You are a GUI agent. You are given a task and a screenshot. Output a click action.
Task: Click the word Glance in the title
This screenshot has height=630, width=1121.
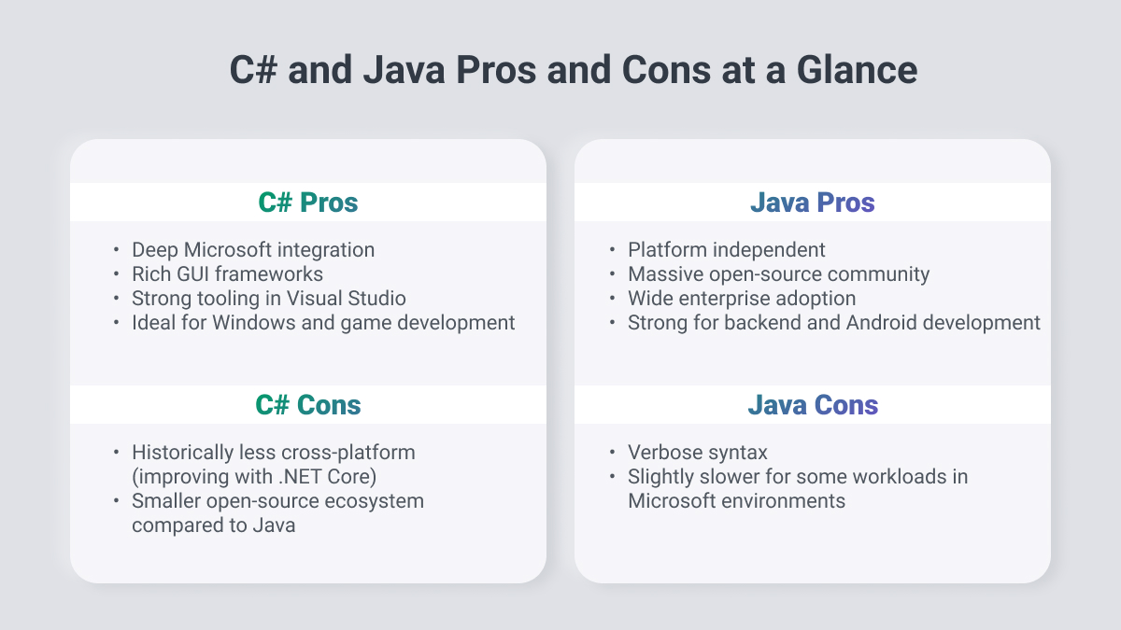pyautogui.click(x=857, y=70)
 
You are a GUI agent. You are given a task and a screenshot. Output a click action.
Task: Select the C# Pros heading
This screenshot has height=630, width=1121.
pyautogui.click(x=307, y=203)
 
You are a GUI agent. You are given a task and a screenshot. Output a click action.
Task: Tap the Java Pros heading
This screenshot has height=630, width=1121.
pyautogui.click(x=812, y=203)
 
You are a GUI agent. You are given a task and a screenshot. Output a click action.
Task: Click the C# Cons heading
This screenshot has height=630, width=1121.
pyautogui.click(x=307, y=405)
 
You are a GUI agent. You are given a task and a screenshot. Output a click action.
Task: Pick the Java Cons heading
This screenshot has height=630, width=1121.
pyautogui.click(x=813, y=405)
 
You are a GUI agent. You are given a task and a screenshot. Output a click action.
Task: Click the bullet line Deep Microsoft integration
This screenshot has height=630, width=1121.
pyautogui.click(x=253, y=250)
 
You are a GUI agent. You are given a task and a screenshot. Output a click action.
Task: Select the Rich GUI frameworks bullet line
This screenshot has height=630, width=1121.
pyautogui.click(x=227, y=274)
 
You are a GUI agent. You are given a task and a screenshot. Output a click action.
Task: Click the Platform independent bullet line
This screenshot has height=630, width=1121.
pyautogui.click(x=726, y=250)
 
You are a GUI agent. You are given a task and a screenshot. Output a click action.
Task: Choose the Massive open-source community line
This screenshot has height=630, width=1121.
pyautogui.click(x=779, y=274)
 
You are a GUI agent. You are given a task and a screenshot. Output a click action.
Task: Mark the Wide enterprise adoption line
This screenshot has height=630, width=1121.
pyautogui.click(x=742, y=299)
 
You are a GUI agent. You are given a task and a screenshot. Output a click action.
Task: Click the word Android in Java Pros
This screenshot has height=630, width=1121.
pyautogui.click(x=881, y=323)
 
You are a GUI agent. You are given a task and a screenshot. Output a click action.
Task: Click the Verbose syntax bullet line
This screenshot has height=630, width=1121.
pyautogui.click(x=698, y=453)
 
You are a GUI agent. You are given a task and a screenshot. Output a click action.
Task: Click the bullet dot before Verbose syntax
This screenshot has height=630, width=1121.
pyautogui.click(x=612, y=452)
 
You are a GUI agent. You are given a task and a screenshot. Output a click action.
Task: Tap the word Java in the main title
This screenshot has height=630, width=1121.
pyautogui.click(x=404, y=70)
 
